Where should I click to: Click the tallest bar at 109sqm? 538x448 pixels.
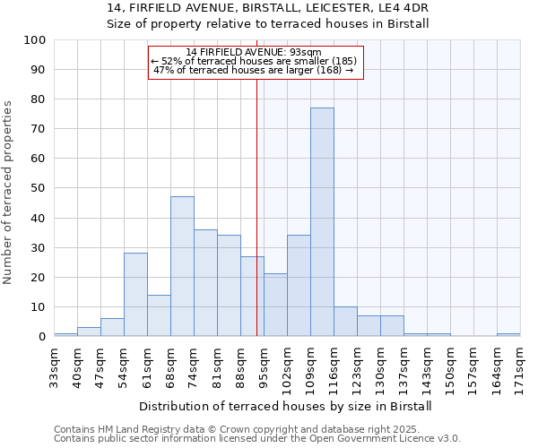tap(322, 222)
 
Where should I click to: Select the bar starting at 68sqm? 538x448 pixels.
tap(182, 266)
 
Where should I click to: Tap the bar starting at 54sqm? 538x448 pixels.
tap(135, 295)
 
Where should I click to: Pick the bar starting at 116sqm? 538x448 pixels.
tap(345, 322)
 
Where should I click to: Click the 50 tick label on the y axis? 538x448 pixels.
tap(39, 188)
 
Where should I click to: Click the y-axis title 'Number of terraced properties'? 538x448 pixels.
tap(9, 193)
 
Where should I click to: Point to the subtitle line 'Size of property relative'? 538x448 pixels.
tap(268, 24)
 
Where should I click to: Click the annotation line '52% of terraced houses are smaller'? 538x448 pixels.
tap(255, 61)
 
